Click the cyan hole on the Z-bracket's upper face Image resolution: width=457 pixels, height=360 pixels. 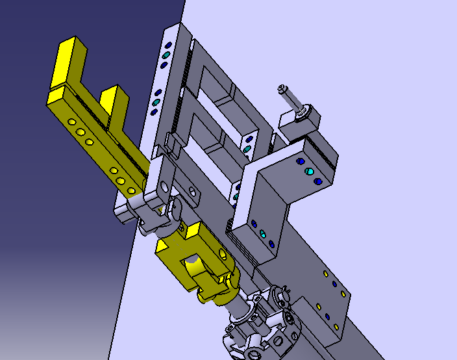[x=309, y=172]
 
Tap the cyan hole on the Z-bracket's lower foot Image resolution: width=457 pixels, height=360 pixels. [x=262, y=233]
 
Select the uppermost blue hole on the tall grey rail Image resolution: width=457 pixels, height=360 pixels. [x=169, y=45]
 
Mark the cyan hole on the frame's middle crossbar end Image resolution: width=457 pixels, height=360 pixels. [x=247, y=149]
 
